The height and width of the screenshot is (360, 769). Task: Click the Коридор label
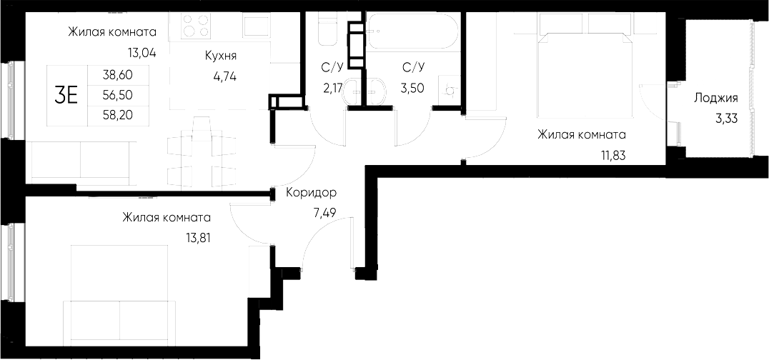tap(311, 193)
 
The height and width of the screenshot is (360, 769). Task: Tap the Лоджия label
tap(716, 99)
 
